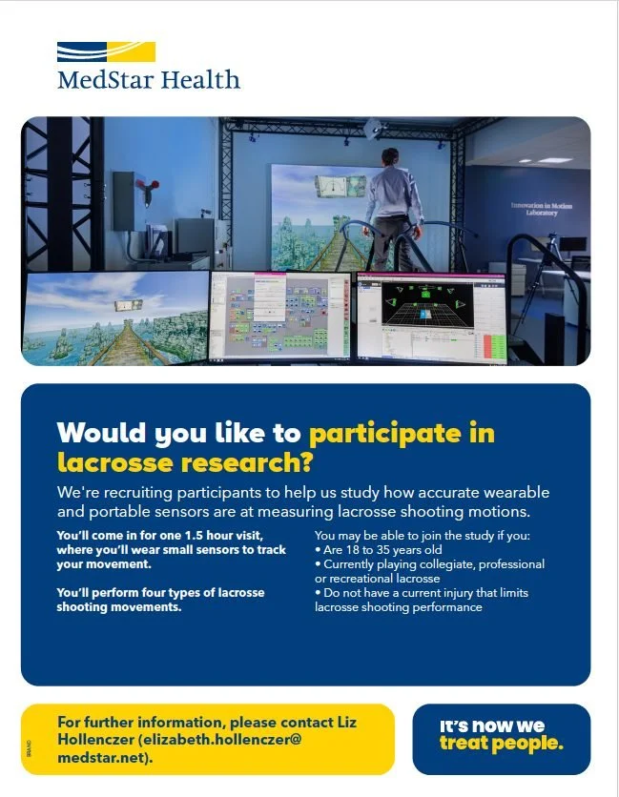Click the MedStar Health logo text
click(x=149, y=78)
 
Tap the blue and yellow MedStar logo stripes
click(x=106, y=51)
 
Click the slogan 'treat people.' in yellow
click(x=501, y=744)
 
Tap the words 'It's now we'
click(x=491, y=725)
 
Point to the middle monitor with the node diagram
click(x=280, y=317)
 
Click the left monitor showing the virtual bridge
click(x=113, y=318)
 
